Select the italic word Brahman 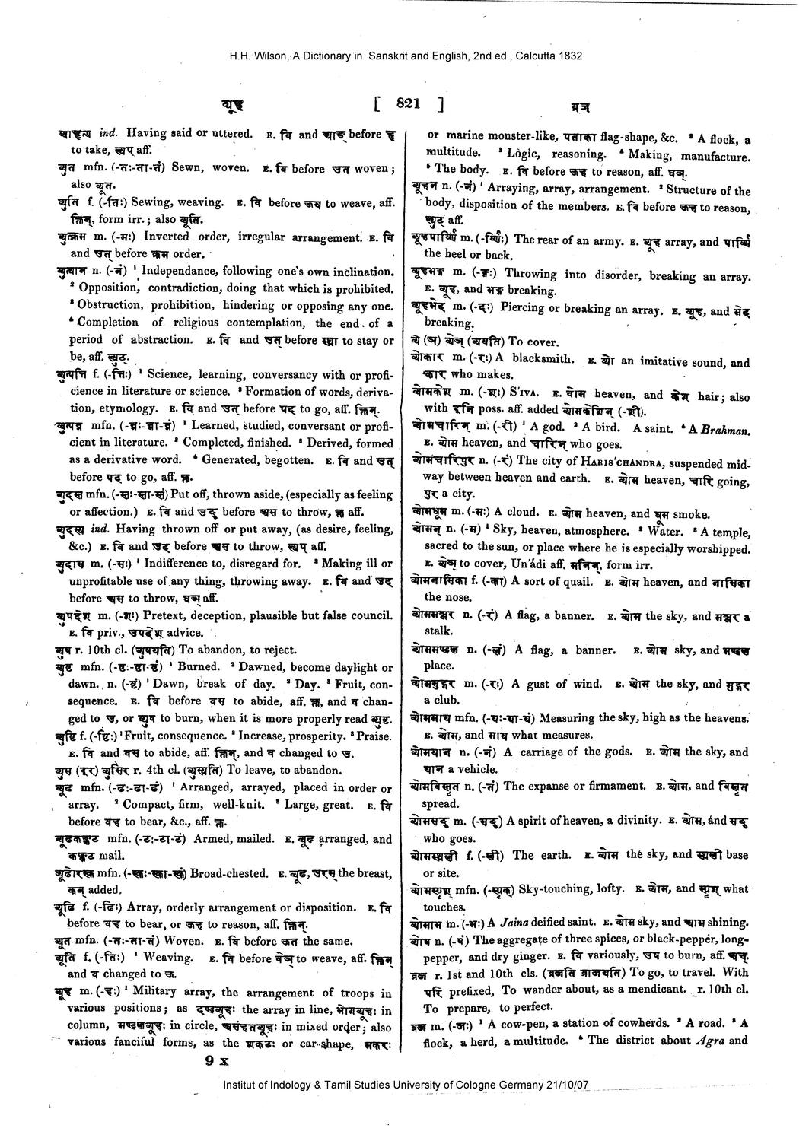pos(724,430)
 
